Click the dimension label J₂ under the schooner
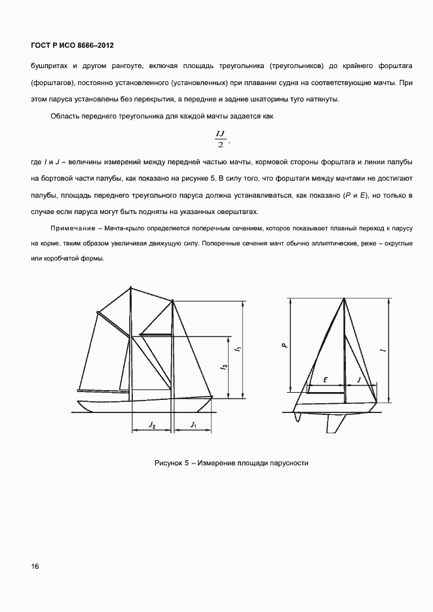pos(151,425)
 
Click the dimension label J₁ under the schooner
pos(193,425)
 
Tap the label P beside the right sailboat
pos(283,345)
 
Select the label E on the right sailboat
pos(326,379)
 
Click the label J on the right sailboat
pos(359,379)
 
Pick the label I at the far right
pos(383,350)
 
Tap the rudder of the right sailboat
pos(299,417)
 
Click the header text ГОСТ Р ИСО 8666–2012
pos(72,45)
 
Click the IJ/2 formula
pos(220,139)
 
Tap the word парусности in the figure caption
pos(286,463)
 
